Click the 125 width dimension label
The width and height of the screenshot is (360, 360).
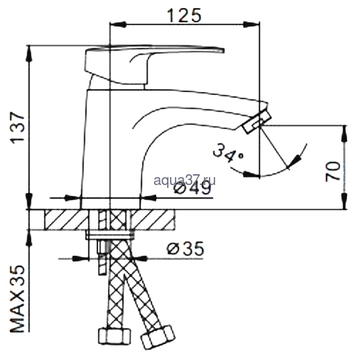(184, 15)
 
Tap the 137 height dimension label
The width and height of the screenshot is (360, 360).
(17, 128)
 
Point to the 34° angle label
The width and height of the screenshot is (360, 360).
(228, 153)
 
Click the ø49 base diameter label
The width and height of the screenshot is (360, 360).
(192, 189)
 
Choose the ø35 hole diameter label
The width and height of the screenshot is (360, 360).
(185, 248)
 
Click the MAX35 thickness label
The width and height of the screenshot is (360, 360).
(17, 299)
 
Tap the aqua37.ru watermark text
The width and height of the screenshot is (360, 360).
(184, 181)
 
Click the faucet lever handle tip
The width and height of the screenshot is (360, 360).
(223, 50)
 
